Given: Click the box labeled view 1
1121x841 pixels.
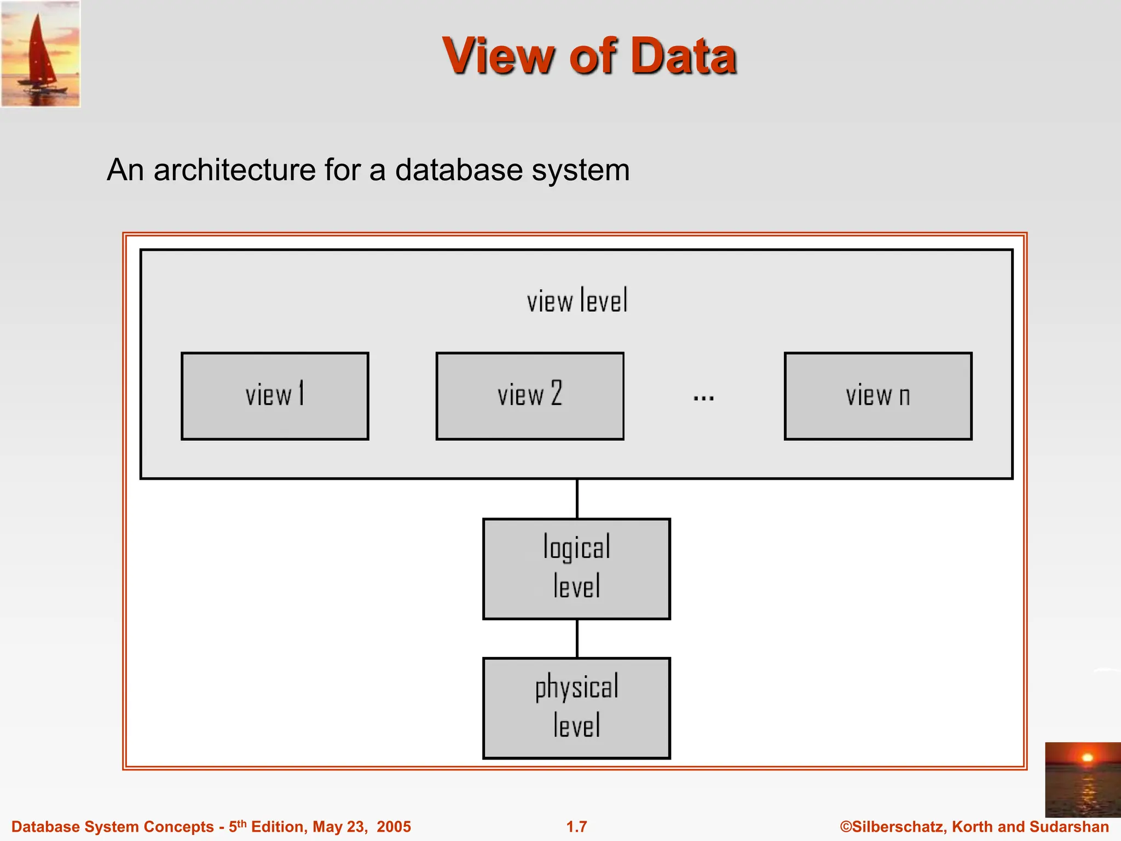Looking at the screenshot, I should click(275, 396).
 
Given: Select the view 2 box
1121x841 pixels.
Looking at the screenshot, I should click(530, 396).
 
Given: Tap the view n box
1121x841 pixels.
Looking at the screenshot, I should click(878, 396).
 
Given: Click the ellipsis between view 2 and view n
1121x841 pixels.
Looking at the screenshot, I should click(703, 398).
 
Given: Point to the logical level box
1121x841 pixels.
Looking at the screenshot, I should click(576, 569).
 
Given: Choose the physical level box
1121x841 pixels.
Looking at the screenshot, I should click(576, 708).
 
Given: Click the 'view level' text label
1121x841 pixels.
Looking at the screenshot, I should click(577, 301).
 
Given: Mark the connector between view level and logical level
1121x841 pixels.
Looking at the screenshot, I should click(577, 499).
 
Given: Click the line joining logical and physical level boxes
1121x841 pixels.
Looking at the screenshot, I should click(577, 638).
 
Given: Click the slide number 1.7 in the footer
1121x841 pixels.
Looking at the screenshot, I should click(576, 827).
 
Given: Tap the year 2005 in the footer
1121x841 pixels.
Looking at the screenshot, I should click(394, 827).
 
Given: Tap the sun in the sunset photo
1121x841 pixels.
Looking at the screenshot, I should click(1087, 758).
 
